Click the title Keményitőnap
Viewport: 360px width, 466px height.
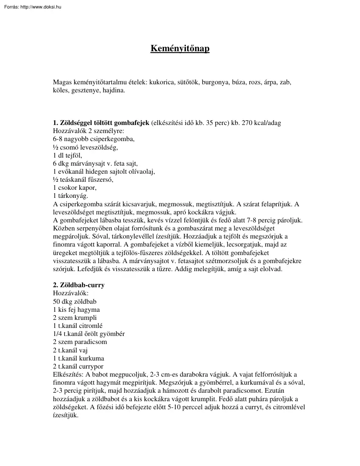[180, 49]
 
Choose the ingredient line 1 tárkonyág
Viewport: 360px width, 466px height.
[70, 196]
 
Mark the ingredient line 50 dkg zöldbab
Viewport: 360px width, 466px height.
[75, 301]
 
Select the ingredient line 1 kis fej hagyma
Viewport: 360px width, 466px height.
[77, 309]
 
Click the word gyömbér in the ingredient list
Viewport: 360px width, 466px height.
[112, 333]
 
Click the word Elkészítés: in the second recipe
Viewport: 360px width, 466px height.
[68, 374]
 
